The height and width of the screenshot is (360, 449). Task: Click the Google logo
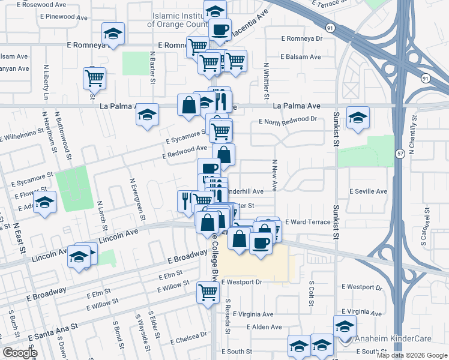(20, 352)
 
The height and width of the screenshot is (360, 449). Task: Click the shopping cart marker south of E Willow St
(208, 293)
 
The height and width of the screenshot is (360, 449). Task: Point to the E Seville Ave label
(369, 191)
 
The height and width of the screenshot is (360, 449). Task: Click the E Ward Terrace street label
(307, 222)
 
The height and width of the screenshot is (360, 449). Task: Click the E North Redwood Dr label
(288, 121)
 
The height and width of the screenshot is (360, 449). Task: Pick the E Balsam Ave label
(301, 57)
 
